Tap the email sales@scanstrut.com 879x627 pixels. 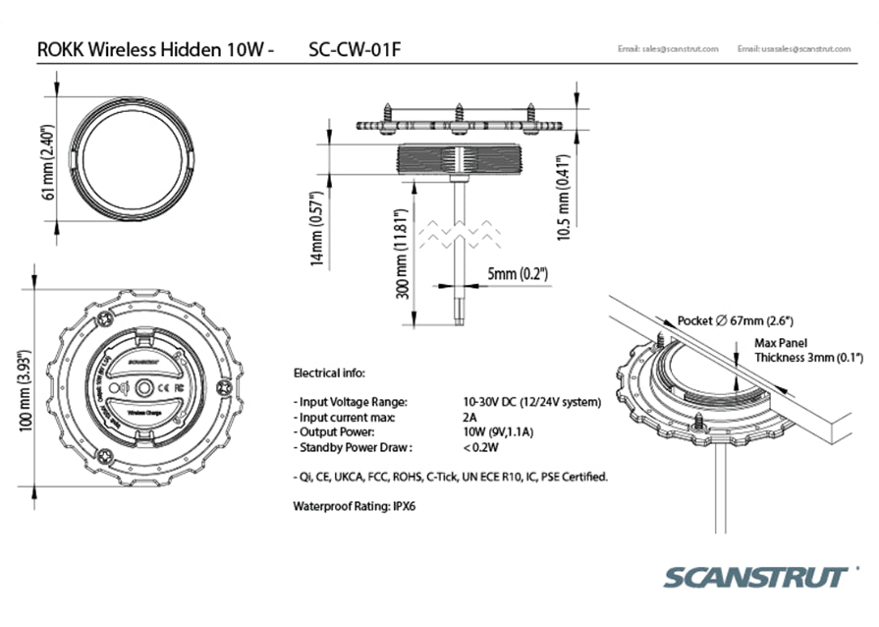click(x=668, y=49)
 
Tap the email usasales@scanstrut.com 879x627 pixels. click(x=797, y=49)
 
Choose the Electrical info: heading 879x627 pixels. click(x=329, y=373)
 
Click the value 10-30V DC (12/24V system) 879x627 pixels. click(x=531, y=402)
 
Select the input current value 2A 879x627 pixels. click(x=468, y=417)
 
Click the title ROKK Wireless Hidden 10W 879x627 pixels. click(x=150, y=49)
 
